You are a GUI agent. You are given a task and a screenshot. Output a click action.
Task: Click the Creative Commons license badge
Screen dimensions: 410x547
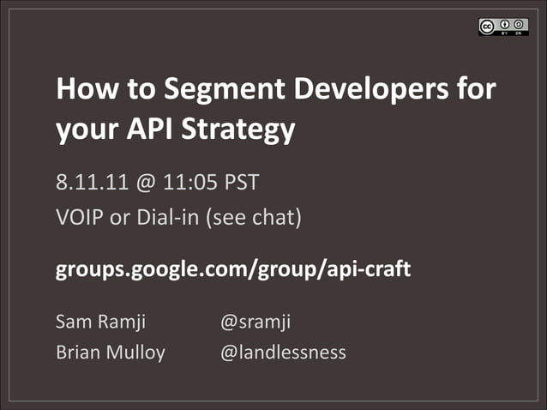pyautogui.click(x=502, y=27)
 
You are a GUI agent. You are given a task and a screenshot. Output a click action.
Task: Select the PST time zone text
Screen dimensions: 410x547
pyautogui.click(x=243, y=182)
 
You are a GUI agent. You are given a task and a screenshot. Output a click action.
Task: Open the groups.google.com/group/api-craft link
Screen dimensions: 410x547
pyautogui.click(x=233, y=269)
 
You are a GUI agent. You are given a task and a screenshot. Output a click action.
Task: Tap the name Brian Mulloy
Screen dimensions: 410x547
pyautogui.click(x=110, y=352)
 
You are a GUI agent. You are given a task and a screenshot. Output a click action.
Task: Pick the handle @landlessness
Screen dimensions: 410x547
pyautogui.click(x=283, y=352)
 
